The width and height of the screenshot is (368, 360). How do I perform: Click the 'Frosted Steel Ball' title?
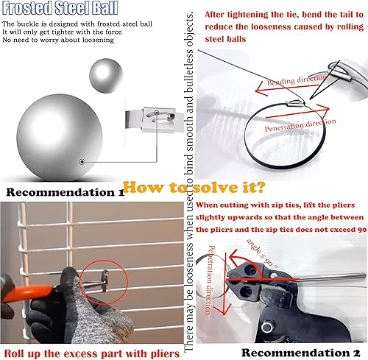pyautogui.click(x=60, y=7)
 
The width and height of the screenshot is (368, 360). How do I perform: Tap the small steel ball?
pyautogui.click(x=106, y=75)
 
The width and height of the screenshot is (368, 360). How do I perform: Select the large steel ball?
pyautogui.click(x=60, y=138)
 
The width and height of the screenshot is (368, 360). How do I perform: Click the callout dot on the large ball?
pyautogui.click(x=82, y=162)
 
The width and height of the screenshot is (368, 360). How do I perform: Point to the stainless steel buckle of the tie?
pyautogui.click(x=160, y=119)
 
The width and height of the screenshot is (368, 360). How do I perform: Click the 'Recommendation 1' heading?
pyautogui.click(x=66, y=192)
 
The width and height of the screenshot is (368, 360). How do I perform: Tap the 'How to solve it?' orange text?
pyautogui.click(x=194, y=188)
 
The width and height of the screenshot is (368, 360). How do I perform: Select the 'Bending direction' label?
pyautogui.click(x=296, y=80)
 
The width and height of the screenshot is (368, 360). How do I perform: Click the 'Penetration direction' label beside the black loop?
pyautogui.click(x=300, y=125)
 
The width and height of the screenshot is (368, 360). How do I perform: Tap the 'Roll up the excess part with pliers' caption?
pyautogui.click(x=92, y=353)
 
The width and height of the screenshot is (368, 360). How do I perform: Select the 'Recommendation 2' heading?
pyautogui.click(x=301, y=353)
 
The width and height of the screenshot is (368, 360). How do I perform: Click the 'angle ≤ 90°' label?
pyautogui.click(x=263, y=253)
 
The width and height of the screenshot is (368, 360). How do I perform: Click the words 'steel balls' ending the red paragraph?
pyautogui.click(x=225, y=39)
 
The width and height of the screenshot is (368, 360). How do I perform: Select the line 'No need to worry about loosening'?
pyautogui.click(x=58, y=40)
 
